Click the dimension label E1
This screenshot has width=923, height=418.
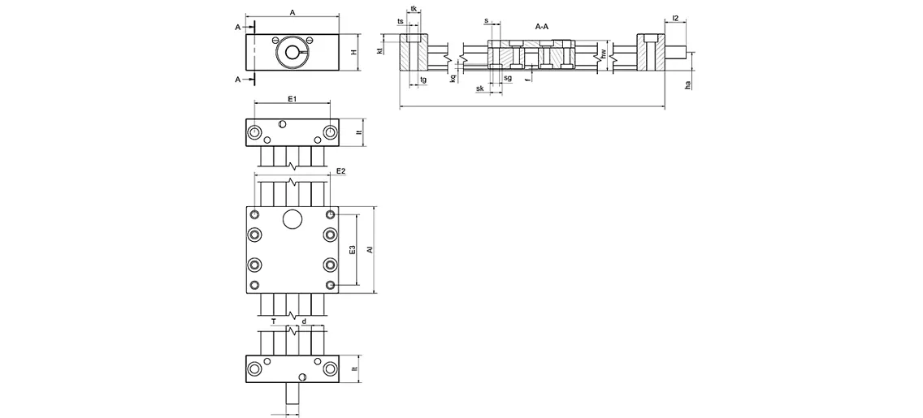click(292, 98)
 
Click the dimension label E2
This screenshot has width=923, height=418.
click(341, 171)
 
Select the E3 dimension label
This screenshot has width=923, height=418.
click(352, 251)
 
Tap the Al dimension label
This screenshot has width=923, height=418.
click(370, 250)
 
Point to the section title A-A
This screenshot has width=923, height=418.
click(542, 27)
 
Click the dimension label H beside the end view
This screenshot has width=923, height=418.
click(353, 52)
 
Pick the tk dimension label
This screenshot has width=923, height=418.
click(414, 9)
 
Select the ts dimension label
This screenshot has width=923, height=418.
click(401, 21)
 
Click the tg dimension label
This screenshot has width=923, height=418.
click(423, 80)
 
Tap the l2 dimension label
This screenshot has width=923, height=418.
click(676, 18)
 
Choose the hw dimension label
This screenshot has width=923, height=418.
click(603, 55)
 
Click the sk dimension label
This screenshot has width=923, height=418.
click(480, 88)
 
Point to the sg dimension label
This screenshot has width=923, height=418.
click(507, 78)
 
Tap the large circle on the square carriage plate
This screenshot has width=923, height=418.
click(292, 219)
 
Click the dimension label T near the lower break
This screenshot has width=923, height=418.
click(274, 321)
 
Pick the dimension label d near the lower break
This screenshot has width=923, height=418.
click(304, 321)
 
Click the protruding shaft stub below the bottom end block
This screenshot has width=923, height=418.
click(292, 398)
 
